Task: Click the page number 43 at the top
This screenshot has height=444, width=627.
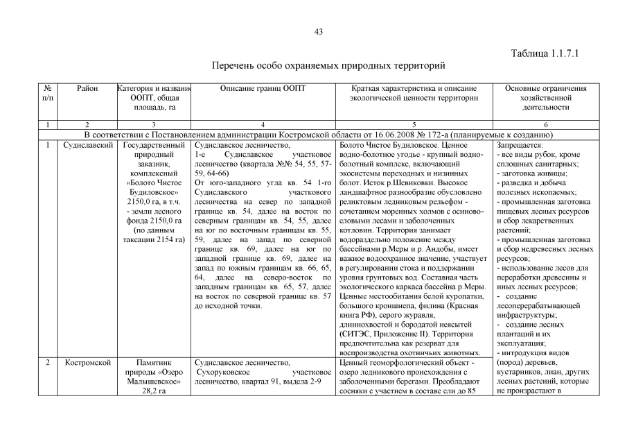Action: pos(319,32)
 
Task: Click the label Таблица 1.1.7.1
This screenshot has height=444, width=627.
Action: pos(545,53)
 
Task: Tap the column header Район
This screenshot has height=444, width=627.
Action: pos(87,89)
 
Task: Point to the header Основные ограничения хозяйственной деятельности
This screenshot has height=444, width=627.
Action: pos(545,98)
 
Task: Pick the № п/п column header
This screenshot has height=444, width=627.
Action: pos(48,94)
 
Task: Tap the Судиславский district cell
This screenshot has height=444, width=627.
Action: pos(87,145)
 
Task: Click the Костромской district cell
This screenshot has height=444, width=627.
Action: pos(87,362)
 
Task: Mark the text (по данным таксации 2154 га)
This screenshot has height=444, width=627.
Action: pos(152,234)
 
